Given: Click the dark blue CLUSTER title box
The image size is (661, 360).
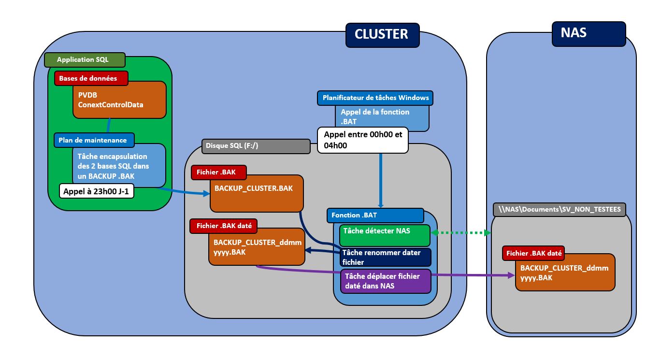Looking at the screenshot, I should [382, 34].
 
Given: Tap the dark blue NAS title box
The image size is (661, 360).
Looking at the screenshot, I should [588, 33].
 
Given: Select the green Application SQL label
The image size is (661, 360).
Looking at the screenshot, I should [84, 60].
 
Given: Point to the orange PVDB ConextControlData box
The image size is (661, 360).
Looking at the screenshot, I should [119, 100].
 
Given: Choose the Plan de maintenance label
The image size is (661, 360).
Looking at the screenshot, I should [93, 140].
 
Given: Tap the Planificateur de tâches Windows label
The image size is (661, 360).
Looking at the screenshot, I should [375, 98].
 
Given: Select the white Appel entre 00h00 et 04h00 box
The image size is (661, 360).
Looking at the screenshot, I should [362, 140].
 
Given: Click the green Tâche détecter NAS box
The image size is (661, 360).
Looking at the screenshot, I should [385, 234].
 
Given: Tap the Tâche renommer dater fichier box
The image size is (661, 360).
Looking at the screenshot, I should [385, 257].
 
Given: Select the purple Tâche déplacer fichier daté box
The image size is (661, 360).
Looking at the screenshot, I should [385, 281].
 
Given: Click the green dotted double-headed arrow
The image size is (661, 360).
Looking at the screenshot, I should [461, 233].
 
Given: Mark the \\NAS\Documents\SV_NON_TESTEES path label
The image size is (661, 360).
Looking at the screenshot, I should [560, 209].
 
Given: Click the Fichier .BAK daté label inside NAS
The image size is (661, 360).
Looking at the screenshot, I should [533, 253].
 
